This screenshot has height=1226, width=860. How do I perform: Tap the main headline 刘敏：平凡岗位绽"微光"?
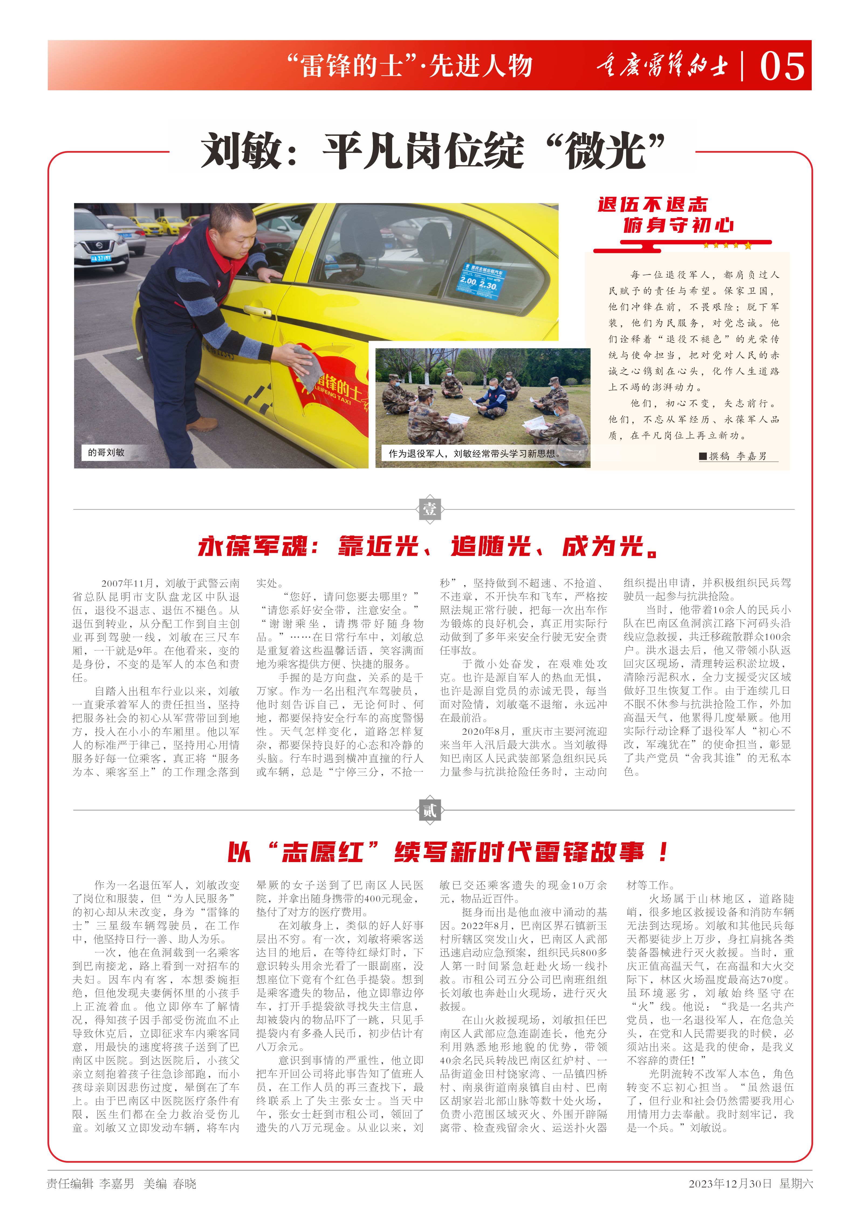coord(433,151)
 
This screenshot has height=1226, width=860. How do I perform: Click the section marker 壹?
coord(430,509)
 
